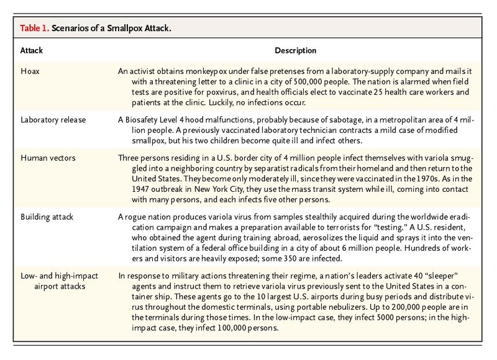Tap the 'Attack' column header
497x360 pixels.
[x=33, y=50]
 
